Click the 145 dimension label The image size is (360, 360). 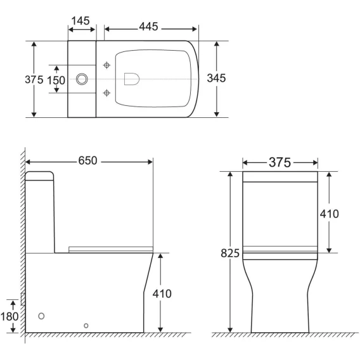(80, 21)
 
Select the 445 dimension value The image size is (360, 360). (148, 27)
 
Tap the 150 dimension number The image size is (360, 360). (56, 80)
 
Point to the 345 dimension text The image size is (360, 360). (216, 78)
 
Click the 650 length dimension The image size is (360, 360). (87, 160)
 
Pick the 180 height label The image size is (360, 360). (10, 317)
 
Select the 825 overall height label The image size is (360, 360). (230, 254)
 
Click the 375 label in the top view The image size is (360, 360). (34, 80)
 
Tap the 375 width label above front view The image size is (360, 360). (280, 162)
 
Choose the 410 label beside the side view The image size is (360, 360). (162, 293)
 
